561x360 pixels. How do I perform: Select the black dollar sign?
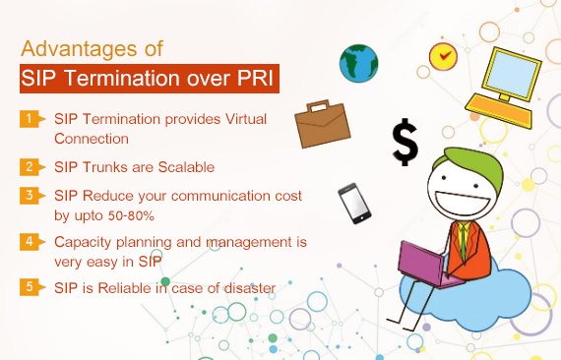coord(405,142)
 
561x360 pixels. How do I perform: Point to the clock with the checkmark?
coord(444,55)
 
